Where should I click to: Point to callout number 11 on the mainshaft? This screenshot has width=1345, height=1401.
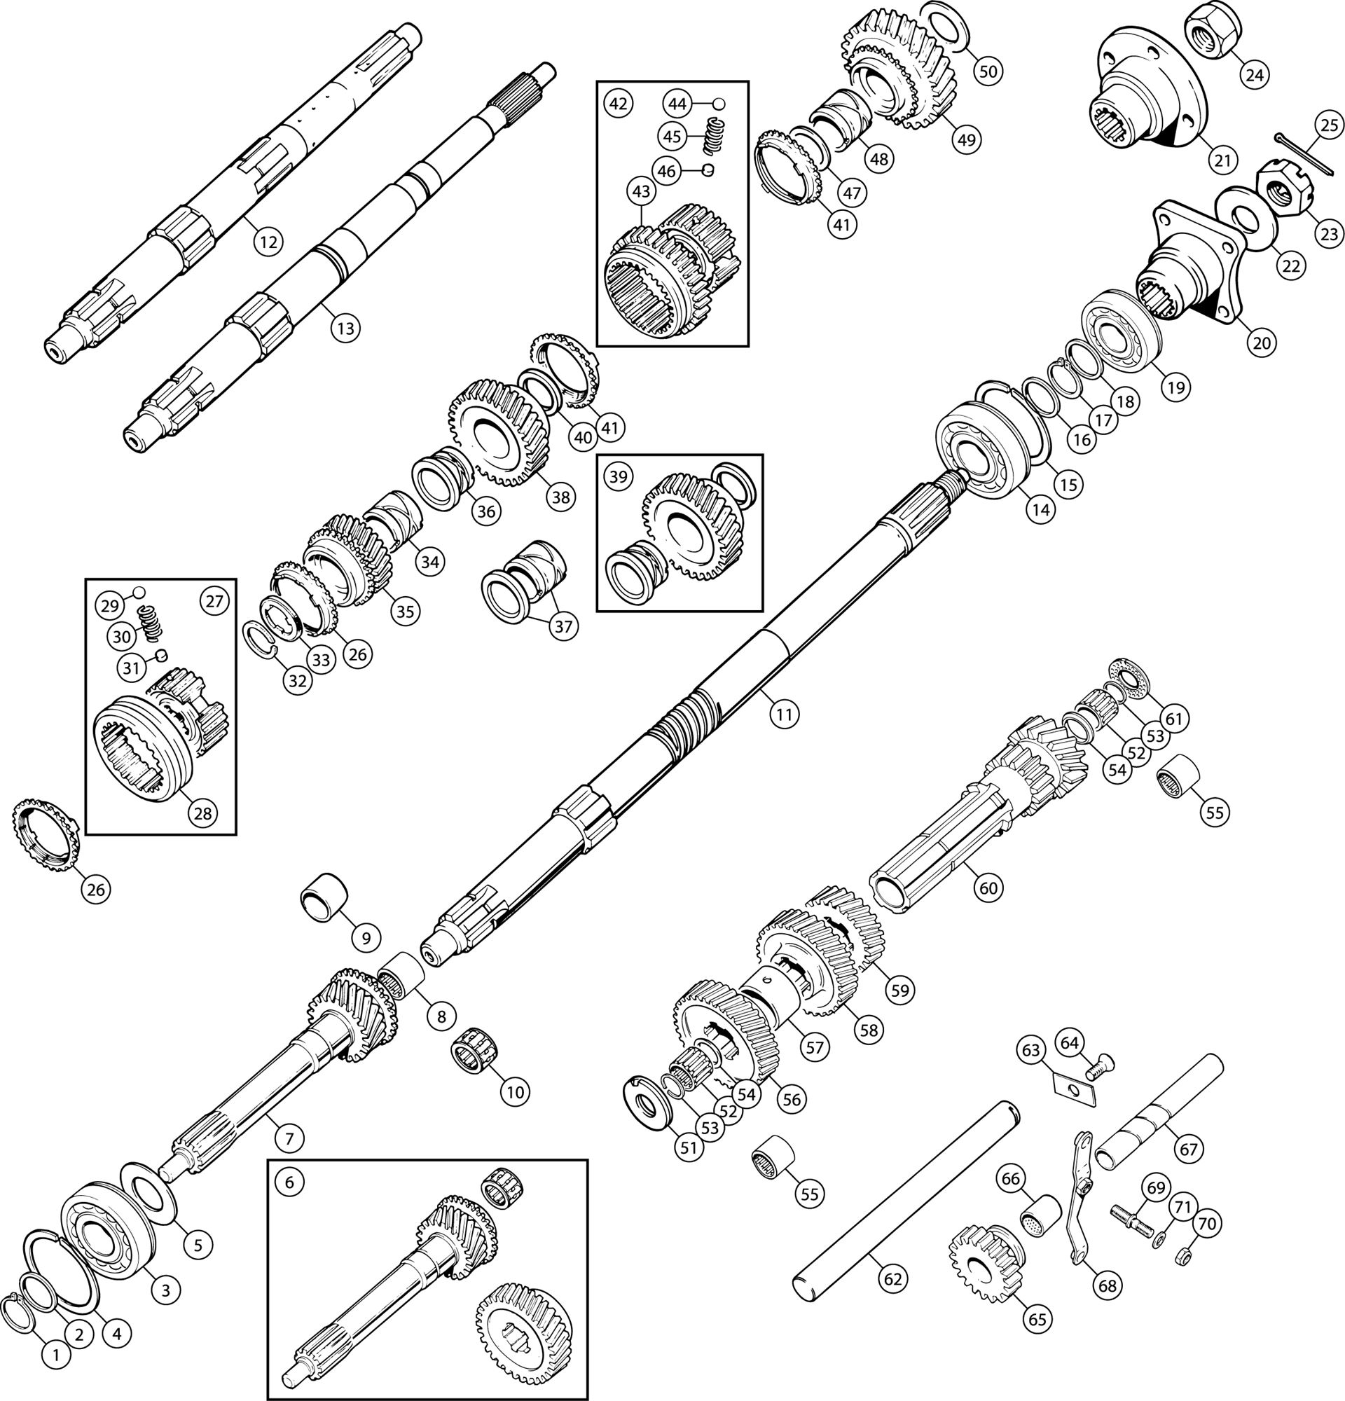(x=784, y=713)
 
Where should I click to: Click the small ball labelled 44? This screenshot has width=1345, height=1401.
(x=719, y=104)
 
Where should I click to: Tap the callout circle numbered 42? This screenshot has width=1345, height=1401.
(x=618, y=103)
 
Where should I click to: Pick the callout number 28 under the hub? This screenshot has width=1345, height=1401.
(x=202, y=813)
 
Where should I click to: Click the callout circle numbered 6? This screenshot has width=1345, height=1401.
(x=289, y=1182)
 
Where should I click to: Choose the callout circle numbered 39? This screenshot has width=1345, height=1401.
(x=618, y=476)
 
